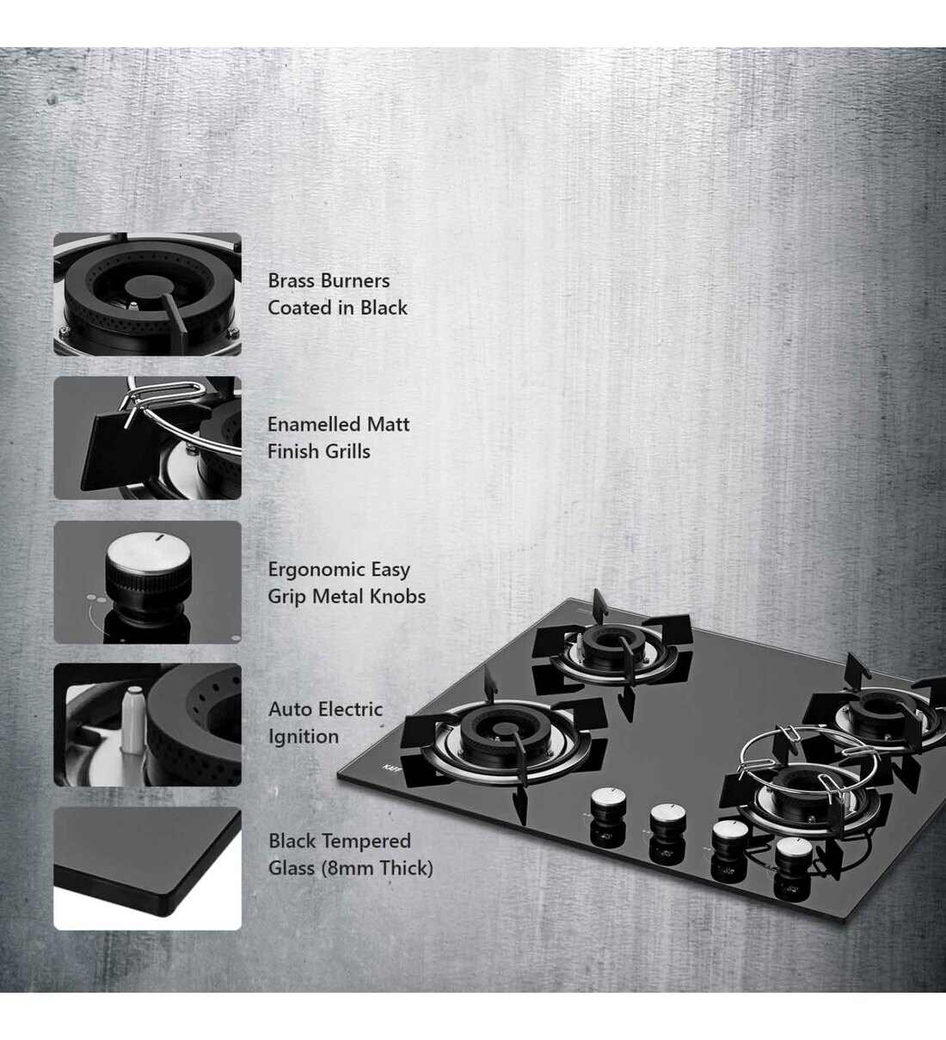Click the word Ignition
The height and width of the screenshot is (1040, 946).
click(303, 737)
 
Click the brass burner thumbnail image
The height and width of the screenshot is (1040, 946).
click(147, 294)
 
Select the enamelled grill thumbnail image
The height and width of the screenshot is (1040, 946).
click(147, 437)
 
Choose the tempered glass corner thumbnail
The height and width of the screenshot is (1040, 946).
click(147, 868)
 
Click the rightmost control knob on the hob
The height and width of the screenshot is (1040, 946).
click(789, 853)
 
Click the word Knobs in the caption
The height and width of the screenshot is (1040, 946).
click(398, 596)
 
